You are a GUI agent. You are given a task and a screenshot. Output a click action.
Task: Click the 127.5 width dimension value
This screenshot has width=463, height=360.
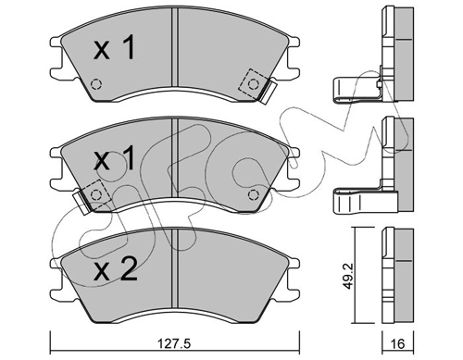[x=173, y=343]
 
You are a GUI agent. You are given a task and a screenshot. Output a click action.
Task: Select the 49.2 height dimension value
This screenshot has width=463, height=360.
[x=348, y=276]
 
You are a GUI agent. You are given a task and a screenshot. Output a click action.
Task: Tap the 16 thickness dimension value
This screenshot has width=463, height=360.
[x=398, y=343]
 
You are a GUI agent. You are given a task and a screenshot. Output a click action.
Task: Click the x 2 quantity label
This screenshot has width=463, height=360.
[x=116, y=270]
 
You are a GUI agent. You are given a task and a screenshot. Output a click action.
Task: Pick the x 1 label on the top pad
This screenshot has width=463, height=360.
[x=114, y=47]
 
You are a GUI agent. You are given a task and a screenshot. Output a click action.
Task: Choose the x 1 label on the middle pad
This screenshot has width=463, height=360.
[x=114, y=158]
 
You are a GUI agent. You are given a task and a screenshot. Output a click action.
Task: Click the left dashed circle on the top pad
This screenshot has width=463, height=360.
[x=96, y=84]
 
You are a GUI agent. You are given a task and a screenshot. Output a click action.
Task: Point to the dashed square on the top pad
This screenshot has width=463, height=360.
[x=254, y=84]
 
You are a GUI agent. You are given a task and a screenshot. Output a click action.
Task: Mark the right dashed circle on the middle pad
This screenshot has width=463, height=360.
[x=254, y=195]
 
